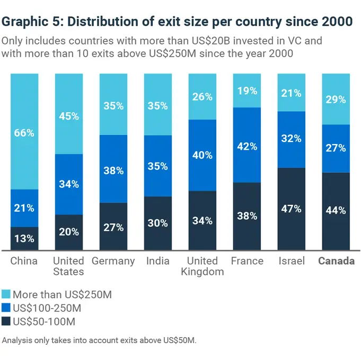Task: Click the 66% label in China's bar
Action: point(24,133)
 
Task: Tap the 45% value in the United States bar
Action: point(69,116)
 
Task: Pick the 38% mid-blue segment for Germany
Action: point(113,170)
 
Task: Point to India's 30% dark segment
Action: point(158,223)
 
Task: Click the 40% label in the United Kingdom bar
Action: point(202,155)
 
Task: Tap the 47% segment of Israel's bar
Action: point(292,209)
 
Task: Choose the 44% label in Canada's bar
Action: point(336,211)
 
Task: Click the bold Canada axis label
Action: point(336,261)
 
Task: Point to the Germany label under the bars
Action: point(113,261)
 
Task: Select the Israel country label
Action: point(292,261)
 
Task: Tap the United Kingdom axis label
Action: point(202,266)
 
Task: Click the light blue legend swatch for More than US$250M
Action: point(6,294)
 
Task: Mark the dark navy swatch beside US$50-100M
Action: point(6,321)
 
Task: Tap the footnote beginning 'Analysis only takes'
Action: point(99,340)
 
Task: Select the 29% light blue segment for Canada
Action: point(336,99)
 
